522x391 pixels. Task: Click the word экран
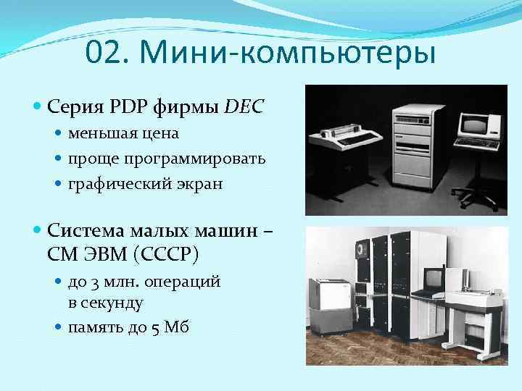click(x=197, y=183)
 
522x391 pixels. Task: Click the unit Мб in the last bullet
click(x=177, y=327)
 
